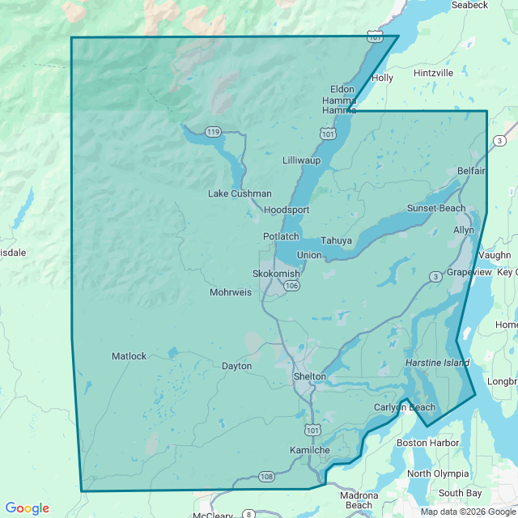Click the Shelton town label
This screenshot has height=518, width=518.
pyautogui.click(x=309, y=376)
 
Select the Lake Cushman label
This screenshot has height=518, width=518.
pyautogui.click(x=240, y=193)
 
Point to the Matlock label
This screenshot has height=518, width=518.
pyautogui.click(x=129, y=356)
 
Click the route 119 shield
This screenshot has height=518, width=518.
pyautogui.click(x=213, y=132)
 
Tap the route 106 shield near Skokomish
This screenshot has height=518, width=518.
pyautogui.click(x=292, y=286)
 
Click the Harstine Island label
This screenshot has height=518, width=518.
pyautogui.click(x=437, y=363)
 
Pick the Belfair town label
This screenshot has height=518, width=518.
pyautogui.click(x=471, y=171)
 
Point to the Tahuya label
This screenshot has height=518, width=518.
pyautogui.click(x=336, y=240)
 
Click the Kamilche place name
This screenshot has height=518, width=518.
pyautogui.click(x=309, y=449)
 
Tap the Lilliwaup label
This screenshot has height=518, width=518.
pyautogui.click(x=301, y=160)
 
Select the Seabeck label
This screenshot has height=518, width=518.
pyautogui.click(x=469, y=5)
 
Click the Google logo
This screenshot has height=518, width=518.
pyautogui.click(x=27, y=508)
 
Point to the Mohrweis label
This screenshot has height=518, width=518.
pyautogui.click(x=231, y=292)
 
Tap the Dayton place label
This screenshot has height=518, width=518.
pyautogui.click(x=236, y=366)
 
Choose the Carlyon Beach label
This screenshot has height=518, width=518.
pyautogui.click(x=405, y=407)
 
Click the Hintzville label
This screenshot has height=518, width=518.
pyautogui.click(x=433, y=73)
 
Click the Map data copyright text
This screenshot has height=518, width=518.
pyautogui.click(x=467, y=511)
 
